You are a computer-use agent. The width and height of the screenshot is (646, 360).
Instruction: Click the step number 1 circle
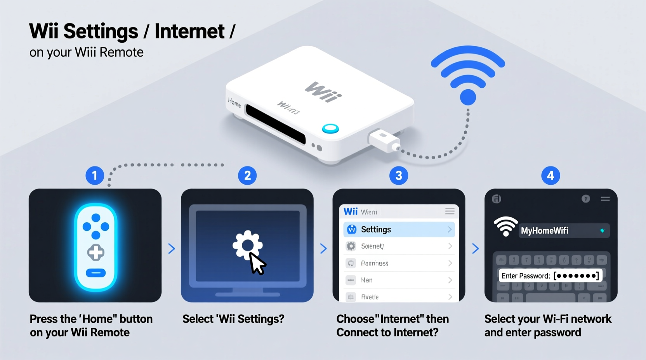point(95,175)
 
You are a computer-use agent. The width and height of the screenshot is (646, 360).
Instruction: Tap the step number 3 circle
point(398,175)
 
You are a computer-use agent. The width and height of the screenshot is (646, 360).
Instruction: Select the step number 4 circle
point(550,175)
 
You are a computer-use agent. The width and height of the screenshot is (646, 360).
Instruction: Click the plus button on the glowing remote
point(96,253)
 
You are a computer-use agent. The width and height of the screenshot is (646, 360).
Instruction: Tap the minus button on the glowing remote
point(96,273)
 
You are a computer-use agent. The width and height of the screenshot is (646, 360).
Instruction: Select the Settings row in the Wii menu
point(399,229)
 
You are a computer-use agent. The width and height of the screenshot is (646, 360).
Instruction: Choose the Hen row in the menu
point(399,280)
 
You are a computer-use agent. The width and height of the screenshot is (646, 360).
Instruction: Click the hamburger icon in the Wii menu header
point(450,211)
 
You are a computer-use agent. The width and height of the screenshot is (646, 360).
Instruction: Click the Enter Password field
point(550,276)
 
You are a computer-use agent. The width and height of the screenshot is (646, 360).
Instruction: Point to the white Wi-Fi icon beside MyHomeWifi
point(505,226)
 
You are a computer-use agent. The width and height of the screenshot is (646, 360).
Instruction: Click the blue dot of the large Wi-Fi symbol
point(468,97)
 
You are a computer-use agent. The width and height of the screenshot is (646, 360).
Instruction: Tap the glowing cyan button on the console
point(330,129)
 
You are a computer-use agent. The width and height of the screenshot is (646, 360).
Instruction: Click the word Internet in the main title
point(189,31)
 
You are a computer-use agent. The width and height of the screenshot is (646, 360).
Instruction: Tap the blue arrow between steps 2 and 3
point(323,249)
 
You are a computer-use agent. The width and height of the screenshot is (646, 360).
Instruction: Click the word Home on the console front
point(234,102)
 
